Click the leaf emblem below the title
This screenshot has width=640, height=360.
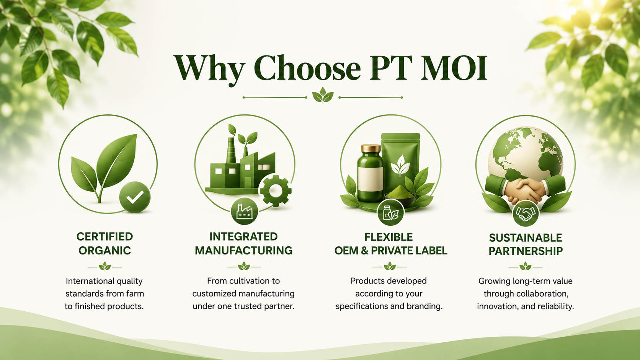tap(323, 95)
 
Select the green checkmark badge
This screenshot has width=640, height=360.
tap(135, 197)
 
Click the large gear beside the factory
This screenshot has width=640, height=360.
tap(276, 191)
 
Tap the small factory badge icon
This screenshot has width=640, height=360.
tap(244, 211)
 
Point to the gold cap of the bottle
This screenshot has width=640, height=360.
tap(371, 148)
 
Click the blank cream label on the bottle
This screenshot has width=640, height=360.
tap(371, 179)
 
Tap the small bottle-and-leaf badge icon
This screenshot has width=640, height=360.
tap(390, 213)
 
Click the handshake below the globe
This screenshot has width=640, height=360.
tap(525, 189)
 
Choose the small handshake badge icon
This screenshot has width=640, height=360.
tap(526, 213)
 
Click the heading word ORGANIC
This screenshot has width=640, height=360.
tap(104, 250)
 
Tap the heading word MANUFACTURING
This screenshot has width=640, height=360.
tap(244, 250)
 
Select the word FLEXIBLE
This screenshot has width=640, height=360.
tap(389, 237)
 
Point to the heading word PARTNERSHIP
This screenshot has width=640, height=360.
tap(526, 251)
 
